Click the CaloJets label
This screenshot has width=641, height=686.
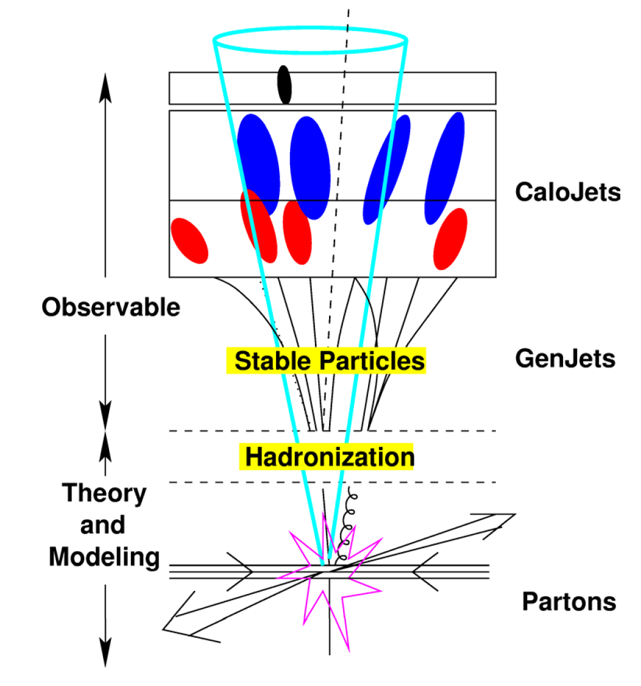(x=567, y=192)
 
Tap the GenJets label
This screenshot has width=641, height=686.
(x=565, y=359)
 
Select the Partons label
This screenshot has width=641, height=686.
(x=568, y=602)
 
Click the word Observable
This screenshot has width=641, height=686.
(x=111, y=307)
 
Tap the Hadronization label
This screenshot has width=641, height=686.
(x=329, y=456)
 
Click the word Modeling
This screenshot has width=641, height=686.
(x=104, y=556)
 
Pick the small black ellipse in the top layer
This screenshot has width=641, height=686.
(x=284, y=84)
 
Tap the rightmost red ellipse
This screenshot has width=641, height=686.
(x=450, y=238)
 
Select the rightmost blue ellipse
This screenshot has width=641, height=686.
(x=445, y=167)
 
